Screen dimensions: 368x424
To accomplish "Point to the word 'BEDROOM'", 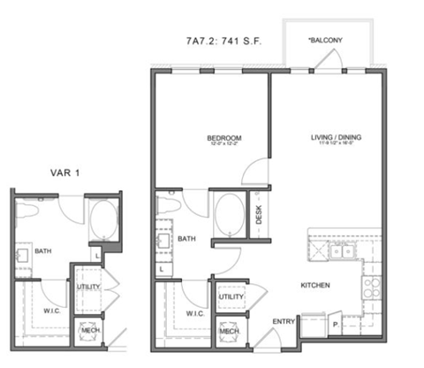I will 224,138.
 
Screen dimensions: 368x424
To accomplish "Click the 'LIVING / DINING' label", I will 336,138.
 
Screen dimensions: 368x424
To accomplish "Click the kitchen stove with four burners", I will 371,287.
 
